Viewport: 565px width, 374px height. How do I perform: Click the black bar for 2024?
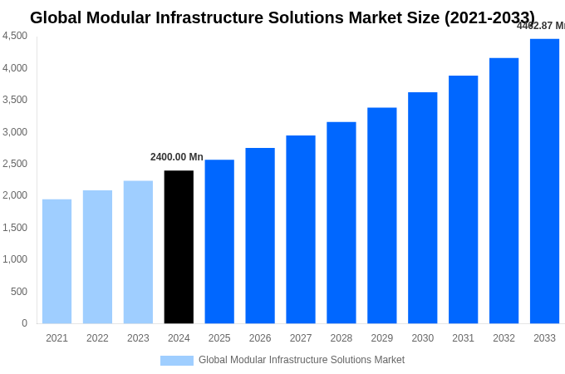179,247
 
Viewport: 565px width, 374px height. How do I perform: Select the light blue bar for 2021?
56,261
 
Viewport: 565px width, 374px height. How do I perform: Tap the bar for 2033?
544,181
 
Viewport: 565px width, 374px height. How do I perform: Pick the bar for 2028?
341,223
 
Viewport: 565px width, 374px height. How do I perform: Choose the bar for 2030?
422,208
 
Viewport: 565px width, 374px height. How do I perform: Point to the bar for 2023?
138,252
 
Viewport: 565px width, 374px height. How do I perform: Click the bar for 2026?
260,235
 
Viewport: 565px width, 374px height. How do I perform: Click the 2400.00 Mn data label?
177,157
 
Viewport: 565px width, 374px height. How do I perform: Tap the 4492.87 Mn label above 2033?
540,26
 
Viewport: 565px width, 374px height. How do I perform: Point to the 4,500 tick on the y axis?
15,36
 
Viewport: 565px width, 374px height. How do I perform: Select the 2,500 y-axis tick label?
15,164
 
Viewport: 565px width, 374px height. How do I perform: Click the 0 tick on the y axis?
24,323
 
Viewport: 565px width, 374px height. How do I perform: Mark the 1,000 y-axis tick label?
15,259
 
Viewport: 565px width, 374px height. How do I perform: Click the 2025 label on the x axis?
219,338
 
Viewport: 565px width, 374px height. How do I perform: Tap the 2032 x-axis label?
504,338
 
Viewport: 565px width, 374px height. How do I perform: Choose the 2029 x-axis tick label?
381,338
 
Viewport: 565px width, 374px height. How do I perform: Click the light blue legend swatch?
176,361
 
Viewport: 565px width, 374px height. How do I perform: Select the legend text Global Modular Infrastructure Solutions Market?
302,360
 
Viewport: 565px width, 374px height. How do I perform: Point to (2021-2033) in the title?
491,17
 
